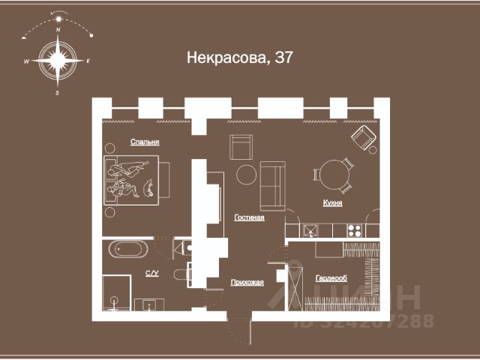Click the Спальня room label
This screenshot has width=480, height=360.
[x=145, y=142]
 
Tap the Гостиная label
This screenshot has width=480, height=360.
[x=249, y=217]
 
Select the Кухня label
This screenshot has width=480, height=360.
[x=333, y=203]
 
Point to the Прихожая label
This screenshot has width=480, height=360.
[x=248, y=282]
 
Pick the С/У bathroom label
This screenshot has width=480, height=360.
[x=151, y=273]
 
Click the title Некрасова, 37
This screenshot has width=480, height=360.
[x=238, y=58]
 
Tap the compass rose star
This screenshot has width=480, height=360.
[x=58, y=60]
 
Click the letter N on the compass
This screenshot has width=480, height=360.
[x=58, y=28]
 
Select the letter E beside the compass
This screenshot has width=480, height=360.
[x=88, y=61]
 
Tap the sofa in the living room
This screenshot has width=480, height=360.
[x=272, y=185]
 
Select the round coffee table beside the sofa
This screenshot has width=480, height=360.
[x=247, y=175]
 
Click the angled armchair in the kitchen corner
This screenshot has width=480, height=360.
[x=364, y=137]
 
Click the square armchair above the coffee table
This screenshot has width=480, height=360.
[x=241, y=145]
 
